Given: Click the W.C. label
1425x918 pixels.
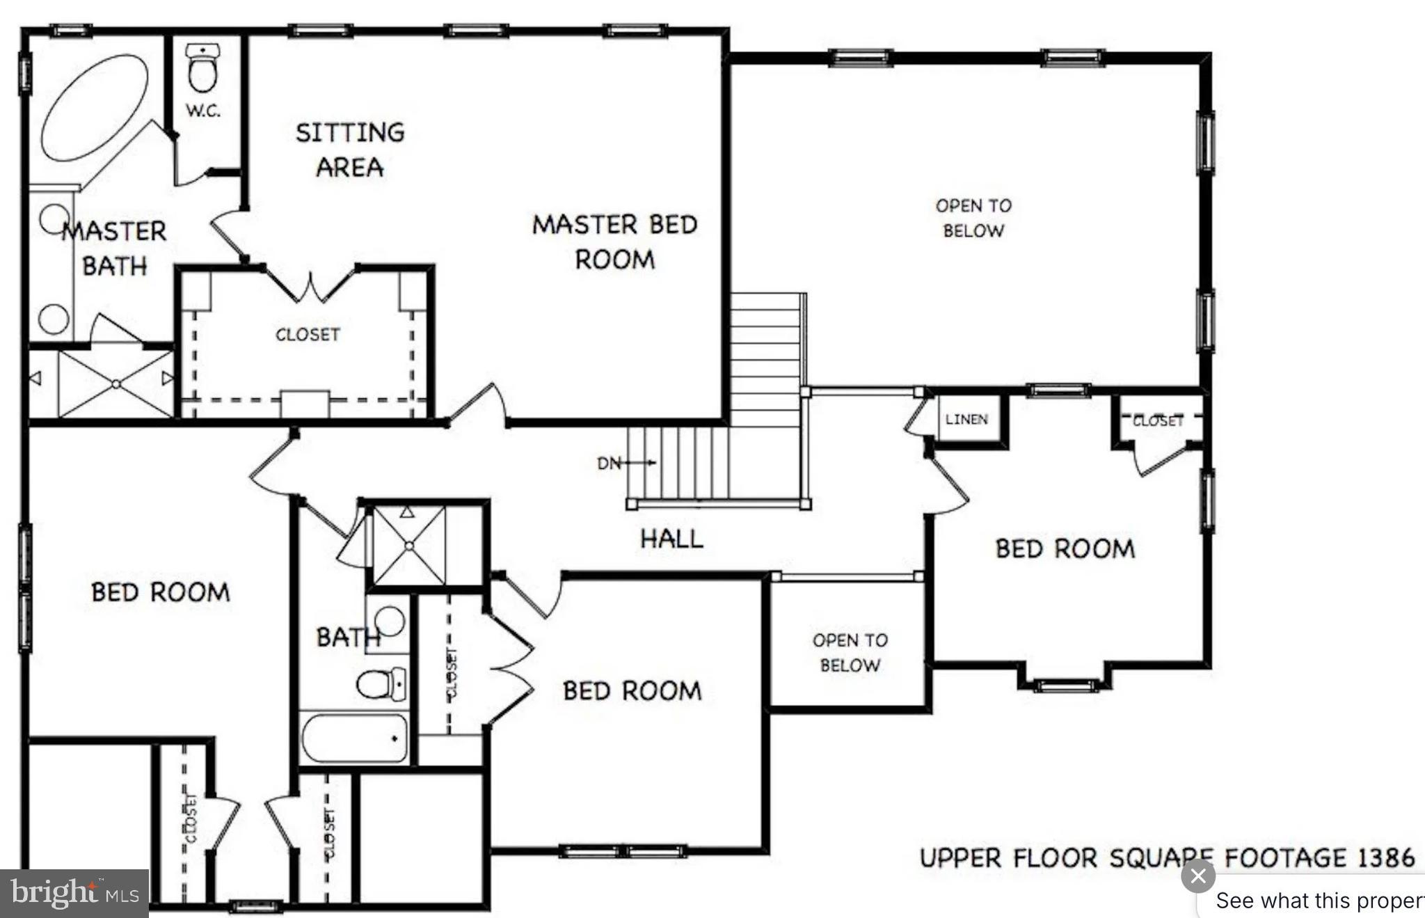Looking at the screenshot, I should pyautogui.click(x=203, y=111).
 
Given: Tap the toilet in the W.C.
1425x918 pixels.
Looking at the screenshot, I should pyautogui.click(x=202, y=70).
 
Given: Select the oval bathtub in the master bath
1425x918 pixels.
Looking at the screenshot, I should pyautogui.click(x=95, y=108).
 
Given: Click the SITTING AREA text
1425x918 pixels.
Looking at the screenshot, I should pyautogui.click(x=350, y=150).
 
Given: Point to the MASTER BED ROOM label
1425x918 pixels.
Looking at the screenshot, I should pyautogui.click(x=614, y=242).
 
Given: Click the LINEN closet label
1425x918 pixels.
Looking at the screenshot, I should pyautogui.click(x=966, y=419).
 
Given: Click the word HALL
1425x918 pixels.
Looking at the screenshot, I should pyautogui.click(x=671, y=538).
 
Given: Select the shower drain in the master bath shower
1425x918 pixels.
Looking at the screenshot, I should pyautogui.click(x=116, y=384).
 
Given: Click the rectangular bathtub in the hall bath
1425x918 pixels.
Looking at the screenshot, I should pyautogui.click(x=355, y=738).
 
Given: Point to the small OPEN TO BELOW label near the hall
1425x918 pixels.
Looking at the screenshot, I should pyautogui.click(x=850, y=652).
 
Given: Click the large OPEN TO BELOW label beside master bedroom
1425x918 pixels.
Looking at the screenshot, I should pyautogui.click(x=973, y=218).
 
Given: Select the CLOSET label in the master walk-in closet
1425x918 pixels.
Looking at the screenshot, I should pyautogui.click(x=308, y=335).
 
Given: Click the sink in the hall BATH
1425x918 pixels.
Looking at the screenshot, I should pyautogui.click(x=390, y=622).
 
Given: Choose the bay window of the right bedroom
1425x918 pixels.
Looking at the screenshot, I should pyautogui.click(x=1065, y=685).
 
